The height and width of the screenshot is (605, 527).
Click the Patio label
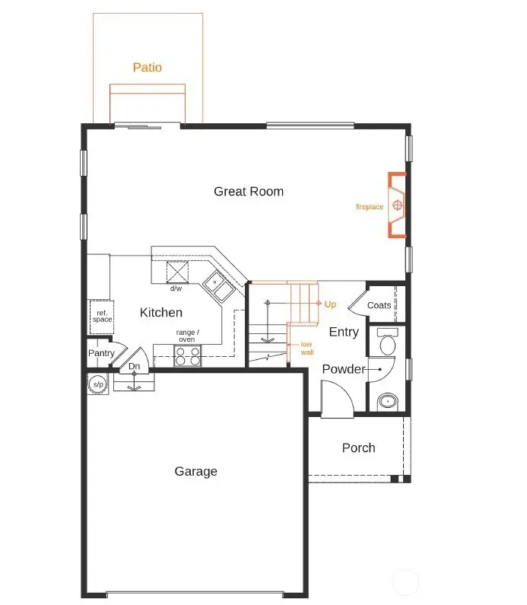click(148, 68)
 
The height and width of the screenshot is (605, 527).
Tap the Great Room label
click(249, 192)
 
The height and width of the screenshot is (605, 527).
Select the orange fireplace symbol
click(397, 205)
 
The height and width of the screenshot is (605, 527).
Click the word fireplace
click(370, 207)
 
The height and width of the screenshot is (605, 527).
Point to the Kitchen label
click(161, 313)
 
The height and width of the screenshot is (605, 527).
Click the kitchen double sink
click(219, 287)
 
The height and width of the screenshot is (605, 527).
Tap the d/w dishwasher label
click(176, 288)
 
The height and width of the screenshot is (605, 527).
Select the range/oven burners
click(188, 355)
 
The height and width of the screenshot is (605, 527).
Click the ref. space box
click(102, 315)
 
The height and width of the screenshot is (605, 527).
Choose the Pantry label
click(101, 353)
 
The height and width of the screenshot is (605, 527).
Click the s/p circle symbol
click(98, 384)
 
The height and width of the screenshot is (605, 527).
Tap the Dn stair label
click(135, 367)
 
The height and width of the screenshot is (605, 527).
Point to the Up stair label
click(330, 304)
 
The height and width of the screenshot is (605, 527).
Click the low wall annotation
click(306, 349)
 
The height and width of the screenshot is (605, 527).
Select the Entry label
click(344, 332)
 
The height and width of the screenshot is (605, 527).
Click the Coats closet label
click(379, 305)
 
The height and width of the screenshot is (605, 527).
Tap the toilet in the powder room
click(387, 344)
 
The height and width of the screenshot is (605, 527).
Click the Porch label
click(358, 447)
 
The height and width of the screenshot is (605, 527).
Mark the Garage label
click(195, 472)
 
